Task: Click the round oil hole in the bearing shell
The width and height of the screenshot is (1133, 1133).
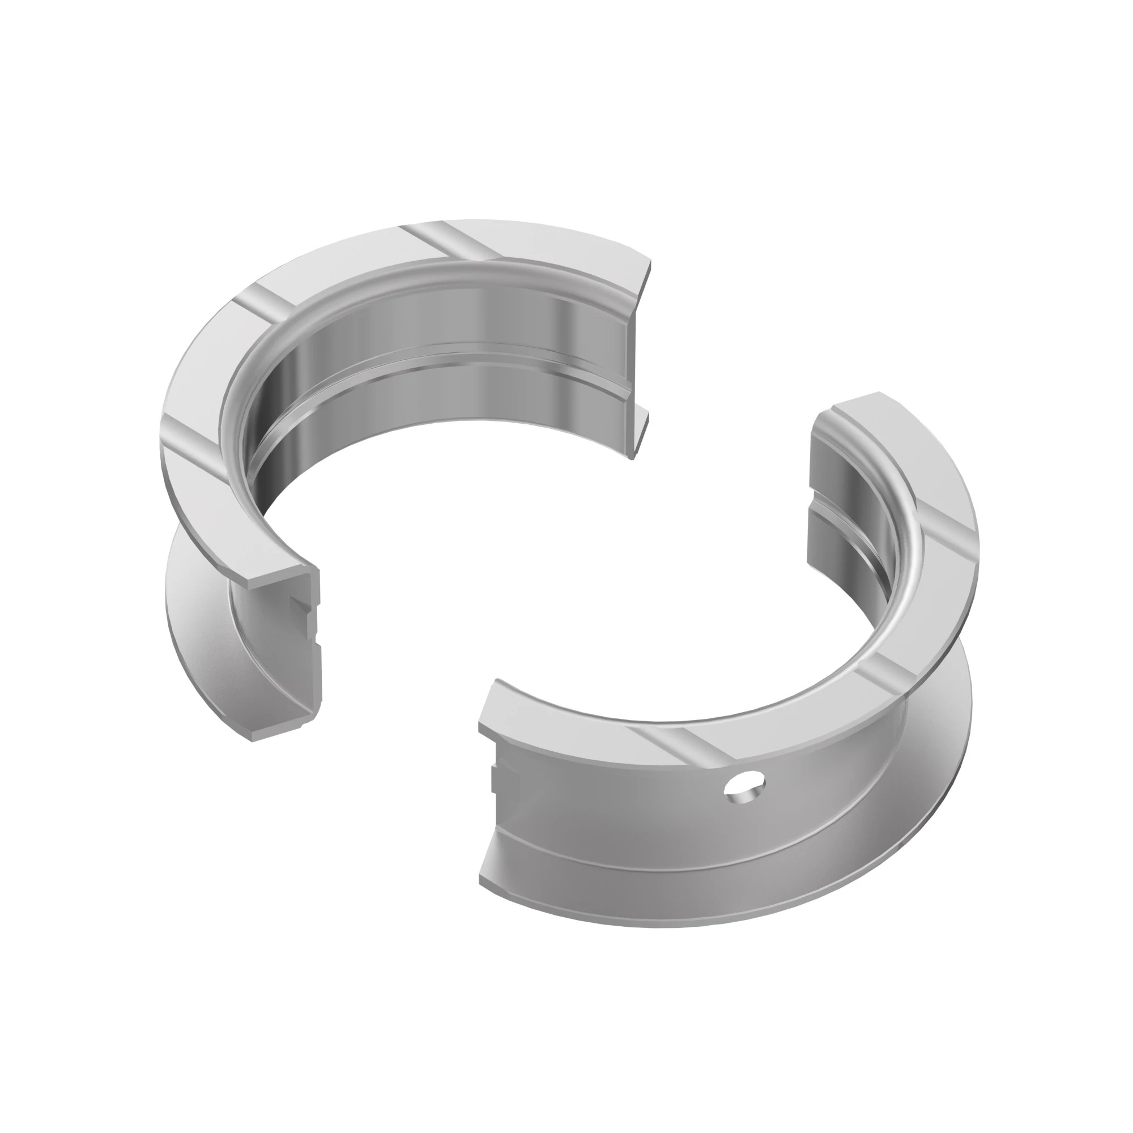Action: click(744, 785)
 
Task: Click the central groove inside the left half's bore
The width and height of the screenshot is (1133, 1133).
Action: click(446, 357)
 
